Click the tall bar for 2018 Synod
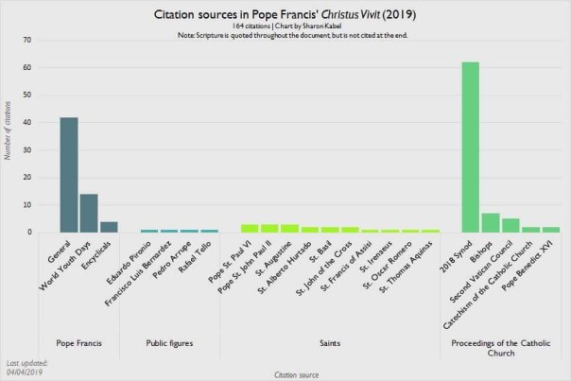[x=470, y=147]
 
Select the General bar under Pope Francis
[x=69, y=175]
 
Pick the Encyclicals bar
[x=109, y=226]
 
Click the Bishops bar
[x=490, y=222]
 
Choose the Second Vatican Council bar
[x=510, y=225]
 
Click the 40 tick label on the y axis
[x=27, y=123]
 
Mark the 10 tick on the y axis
[x=27, y=205]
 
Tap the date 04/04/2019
[x=26, y=372]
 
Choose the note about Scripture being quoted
[x=285, y=37]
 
